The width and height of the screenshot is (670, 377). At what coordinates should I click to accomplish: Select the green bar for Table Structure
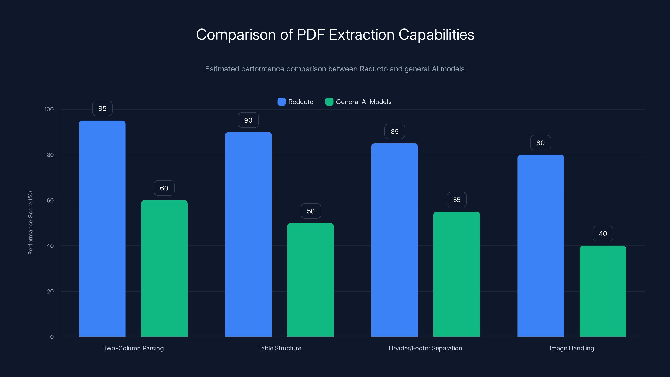(310, 280)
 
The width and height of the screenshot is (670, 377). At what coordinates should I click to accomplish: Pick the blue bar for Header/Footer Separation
(394, 240)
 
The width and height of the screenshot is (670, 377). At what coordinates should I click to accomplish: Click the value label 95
(102, 108)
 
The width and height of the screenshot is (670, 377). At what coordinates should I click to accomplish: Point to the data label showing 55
(457, 200)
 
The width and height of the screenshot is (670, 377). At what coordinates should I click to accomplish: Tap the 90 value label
(248, 120)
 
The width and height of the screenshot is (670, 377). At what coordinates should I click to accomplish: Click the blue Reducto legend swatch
(281, 102)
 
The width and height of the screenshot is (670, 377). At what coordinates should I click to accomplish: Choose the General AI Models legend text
(364, 102)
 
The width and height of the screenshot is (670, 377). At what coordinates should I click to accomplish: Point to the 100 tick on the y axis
(49, 109)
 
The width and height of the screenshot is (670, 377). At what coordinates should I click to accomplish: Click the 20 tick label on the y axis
(50, 291)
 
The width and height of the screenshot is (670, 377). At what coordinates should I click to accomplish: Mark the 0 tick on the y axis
(52, 337)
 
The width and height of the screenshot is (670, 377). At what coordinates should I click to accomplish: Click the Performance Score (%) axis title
(30, 223)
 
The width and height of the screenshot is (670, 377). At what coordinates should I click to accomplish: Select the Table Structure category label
(280, 348)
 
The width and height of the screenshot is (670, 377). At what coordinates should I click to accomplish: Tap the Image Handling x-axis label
(572, 348)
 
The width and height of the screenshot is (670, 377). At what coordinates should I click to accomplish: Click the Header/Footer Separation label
(425, 348)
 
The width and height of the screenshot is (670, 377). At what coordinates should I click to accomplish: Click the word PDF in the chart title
(311, 34)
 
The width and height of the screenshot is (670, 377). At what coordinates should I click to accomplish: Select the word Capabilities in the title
(436, 34)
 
